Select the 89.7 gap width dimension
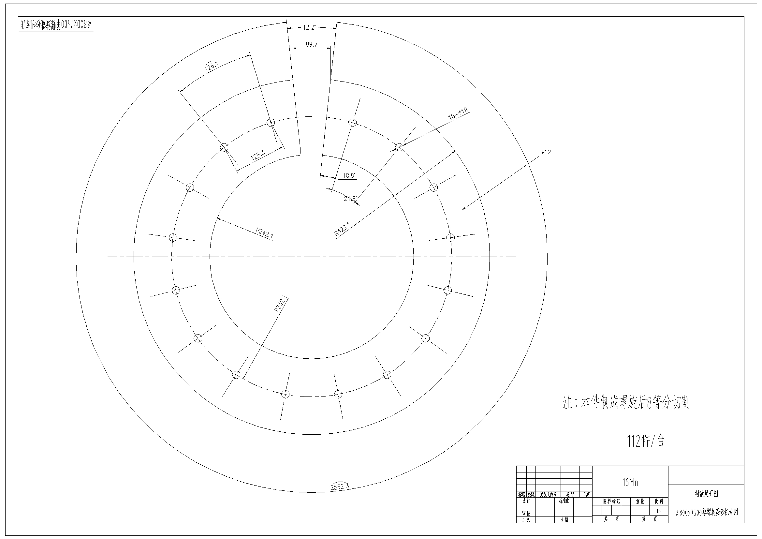coord(311,44)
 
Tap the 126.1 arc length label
coord(211,67)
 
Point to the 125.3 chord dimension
coord(257,156)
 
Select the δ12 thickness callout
coord(546,152)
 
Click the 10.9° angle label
coord(349,176)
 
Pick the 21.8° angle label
coord(350,199)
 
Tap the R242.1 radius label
coord(265,233)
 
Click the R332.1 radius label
coord(281,304)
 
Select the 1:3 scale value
coord(658,511)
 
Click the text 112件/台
coord(646,441)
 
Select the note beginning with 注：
coord(625,403)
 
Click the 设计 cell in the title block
coord(526,501)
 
